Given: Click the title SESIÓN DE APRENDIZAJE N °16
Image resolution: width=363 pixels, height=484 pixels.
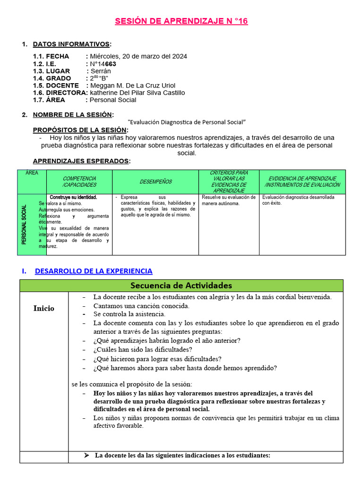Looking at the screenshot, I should [181, 21].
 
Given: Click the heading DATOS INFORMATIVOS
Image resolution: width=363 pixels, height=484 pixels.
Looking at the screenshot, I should [71, 44].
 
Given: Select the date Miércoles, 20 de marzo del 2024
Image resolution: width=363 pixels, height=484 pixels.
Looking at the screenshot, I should [138, 56].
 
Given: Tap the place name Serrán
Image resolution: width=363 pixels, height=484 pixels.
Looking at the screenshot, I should [102, 71].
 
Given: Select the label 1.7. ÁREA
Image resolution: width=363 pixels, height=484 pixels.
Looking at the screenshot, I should [49, 100].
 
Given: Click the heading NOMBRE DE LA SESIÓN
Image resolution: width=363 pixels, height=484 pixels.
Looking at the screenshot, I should [72, 114].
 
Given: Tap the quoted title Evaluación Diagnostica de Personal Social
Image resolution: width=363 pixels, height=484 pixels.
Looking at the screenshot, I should [187, 122].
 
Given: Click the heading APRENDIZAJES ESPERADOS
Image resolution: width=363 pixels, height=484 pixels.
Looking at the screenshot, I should [81, 161].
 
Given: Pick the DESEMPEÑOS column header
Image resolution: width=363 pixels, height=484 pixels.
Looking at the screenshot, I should [156, 182].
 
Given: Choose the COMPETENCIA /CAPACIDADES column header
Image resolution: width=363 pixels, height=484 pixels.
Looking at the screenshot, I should [79, 182].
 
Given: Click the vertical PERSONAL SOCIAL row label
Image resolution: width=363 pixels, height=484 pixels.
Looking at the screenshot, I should [24, 225].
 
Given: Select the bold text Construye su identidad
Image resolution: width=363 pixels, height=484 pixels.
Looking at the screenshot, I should [73, 197].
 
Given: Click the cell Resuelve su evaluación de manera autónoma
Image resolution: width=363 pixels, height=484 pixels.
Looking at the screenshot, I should [228, 200].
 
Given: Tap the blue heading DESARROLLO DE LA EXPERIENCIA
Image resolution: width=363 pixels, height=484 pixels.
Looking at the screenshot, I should [94, 271].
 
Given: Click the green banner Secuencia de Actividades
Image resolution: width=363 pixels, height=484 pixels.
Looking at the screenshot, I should [181, 285].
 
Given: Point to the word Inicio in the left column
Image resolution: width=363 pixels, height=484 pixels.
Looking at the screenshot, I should [43, 308].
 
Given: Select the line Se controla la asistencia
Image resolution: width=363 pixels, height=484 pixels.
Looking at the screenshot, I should [129, 314].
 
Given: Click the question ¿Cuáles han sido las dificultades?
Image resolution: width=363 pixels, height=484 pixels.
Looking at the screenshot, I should [143, 349].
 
